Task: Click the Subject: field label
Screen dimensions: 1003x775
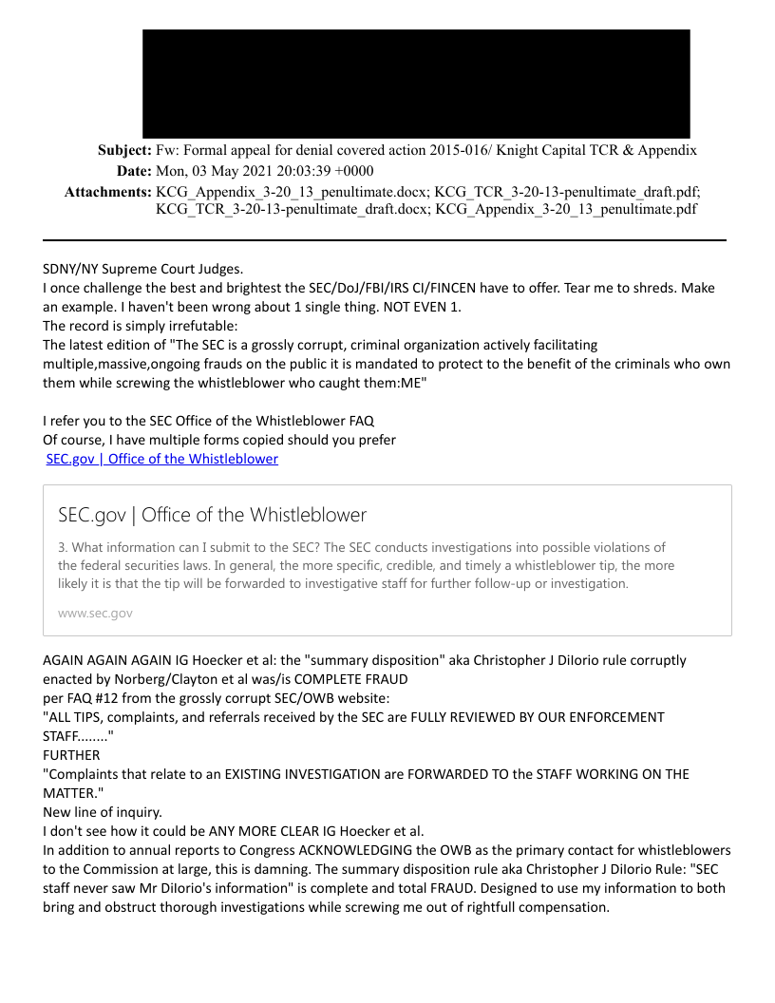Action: click(x=124, y=150)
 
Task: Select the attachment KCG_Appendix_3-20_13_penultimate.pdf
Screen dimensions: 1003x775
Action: click(x=566, y=209)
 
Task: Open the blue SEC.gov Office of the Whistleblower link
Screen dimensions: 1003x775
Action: click(x=162, y=459)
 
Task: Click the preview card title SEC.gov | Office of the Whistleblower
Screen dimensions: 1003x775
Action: click(x=212, y=515)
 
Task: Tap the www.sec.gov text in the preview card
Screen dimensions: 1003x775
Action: click(x=95, y=613)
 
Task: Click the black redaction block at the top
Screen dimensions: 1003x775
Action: click(x=416, y=84)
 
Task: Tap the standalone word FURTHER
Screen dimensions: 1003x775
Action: click(x=71, y=755)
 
